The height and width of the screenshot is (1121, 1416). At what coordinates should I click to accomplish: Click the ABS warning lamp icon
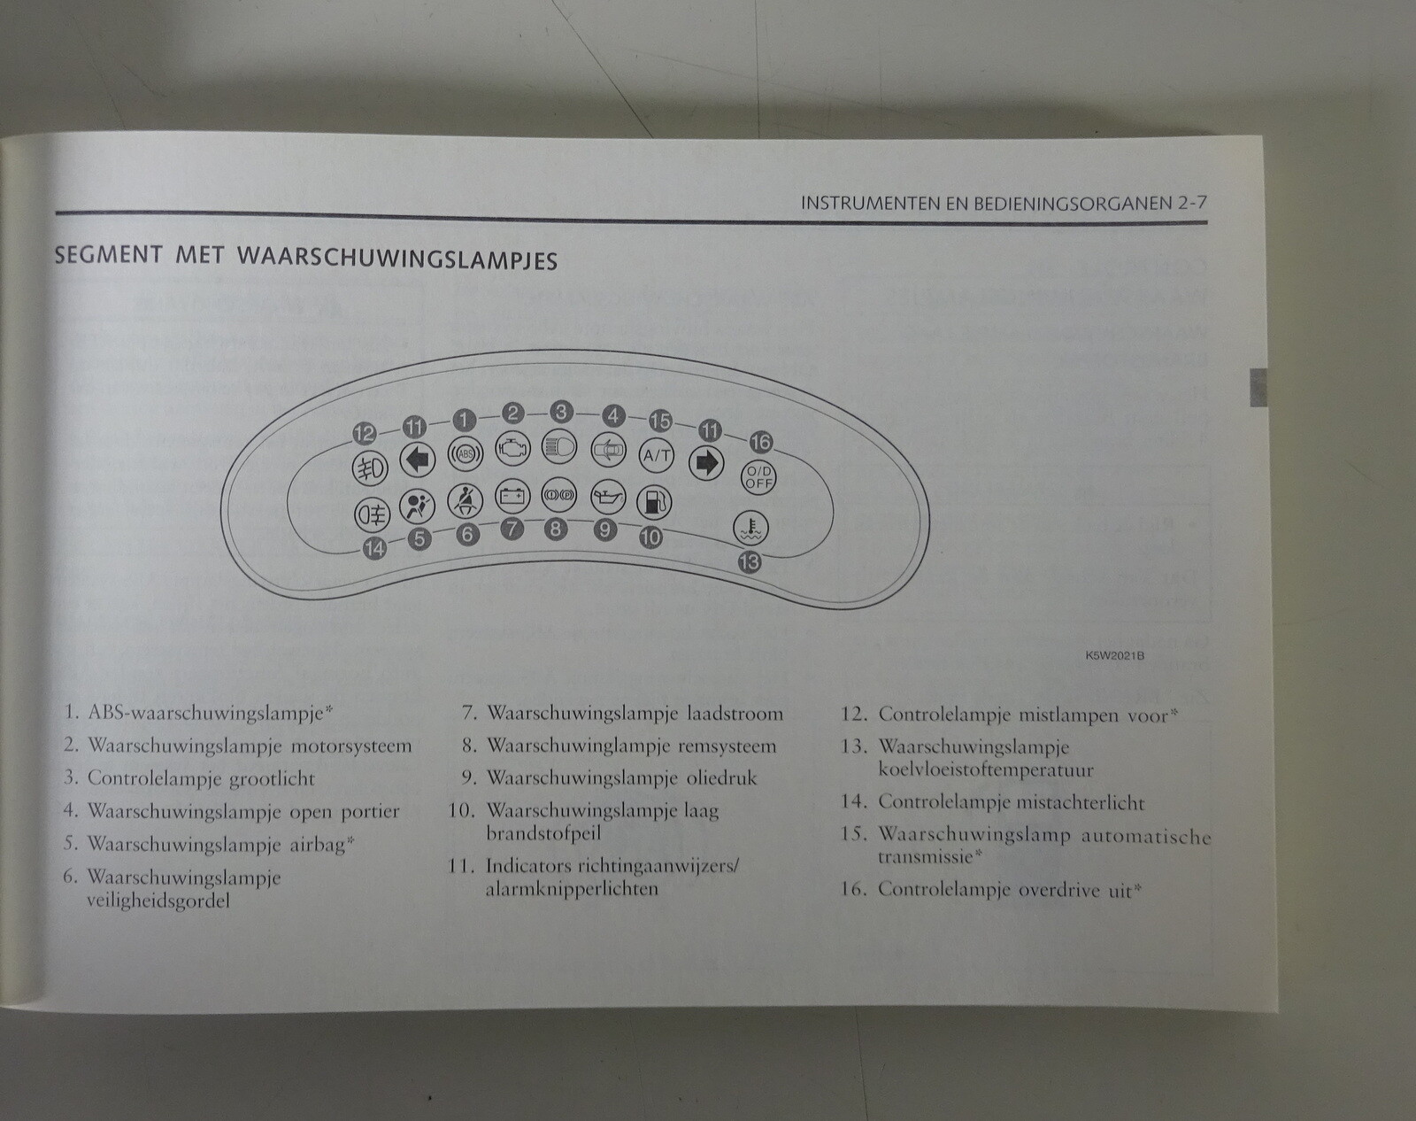(465, 454)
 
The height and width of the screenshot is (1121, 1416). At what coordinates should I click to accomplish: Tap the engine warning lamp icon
(512, 447)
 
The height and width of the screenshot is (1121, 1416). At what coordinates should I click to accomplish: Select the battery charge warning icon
(511, 496)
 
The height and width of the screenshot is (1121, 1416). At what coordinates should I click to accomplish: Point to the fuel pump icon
(653, 502)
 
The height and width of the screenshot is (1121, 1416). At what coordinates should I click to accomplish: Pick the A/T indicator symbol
(657, 455)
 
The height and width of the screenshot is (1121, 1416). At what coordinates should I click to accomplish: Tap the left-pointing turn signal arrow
(416, 460)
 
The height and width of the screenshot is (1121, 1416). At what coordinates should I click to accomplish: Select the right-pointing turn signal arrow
(706, 462)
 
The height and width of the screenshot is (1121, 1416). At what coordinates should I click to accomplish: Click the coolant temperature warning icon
(750, 528)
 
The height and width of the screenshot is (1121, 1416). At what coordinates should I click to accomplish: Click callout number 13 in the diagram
(749, 561)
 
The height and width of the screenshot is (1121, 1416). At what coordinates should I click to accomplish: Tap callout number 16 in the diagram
(760, 441)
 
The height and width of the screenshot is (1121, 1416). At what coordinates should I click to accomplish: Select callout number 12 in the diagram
(365, 433)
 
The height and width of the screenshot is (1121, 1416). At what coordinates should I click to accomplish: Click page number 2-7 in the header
(1191, 203)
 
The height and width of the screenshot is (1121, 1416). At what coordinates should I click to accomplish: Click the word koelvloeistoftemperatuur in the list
(985, 769)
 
